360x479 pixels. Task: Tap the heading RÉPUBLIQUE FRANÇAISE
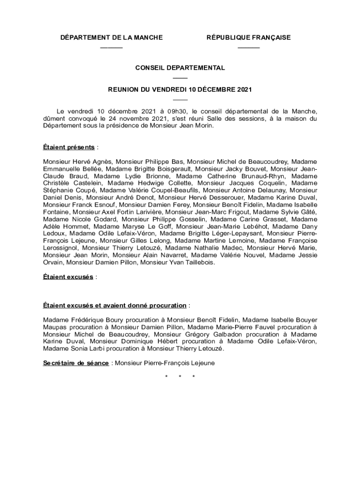click(x=248, y=37)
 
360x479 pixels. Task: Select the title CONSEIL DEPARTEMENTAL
click(x=180, y=68)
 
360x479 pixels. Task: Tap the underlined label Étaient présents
click(x=68, y=147)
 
